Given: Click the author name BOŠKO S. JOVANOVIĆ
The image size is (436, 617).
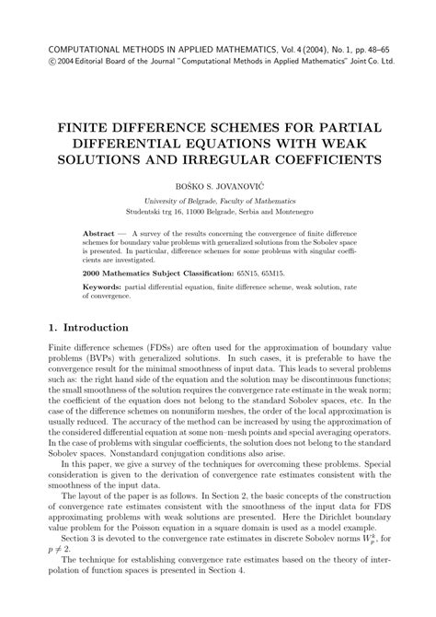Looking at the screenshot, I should pyautogui.click(x=218, y=184).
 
